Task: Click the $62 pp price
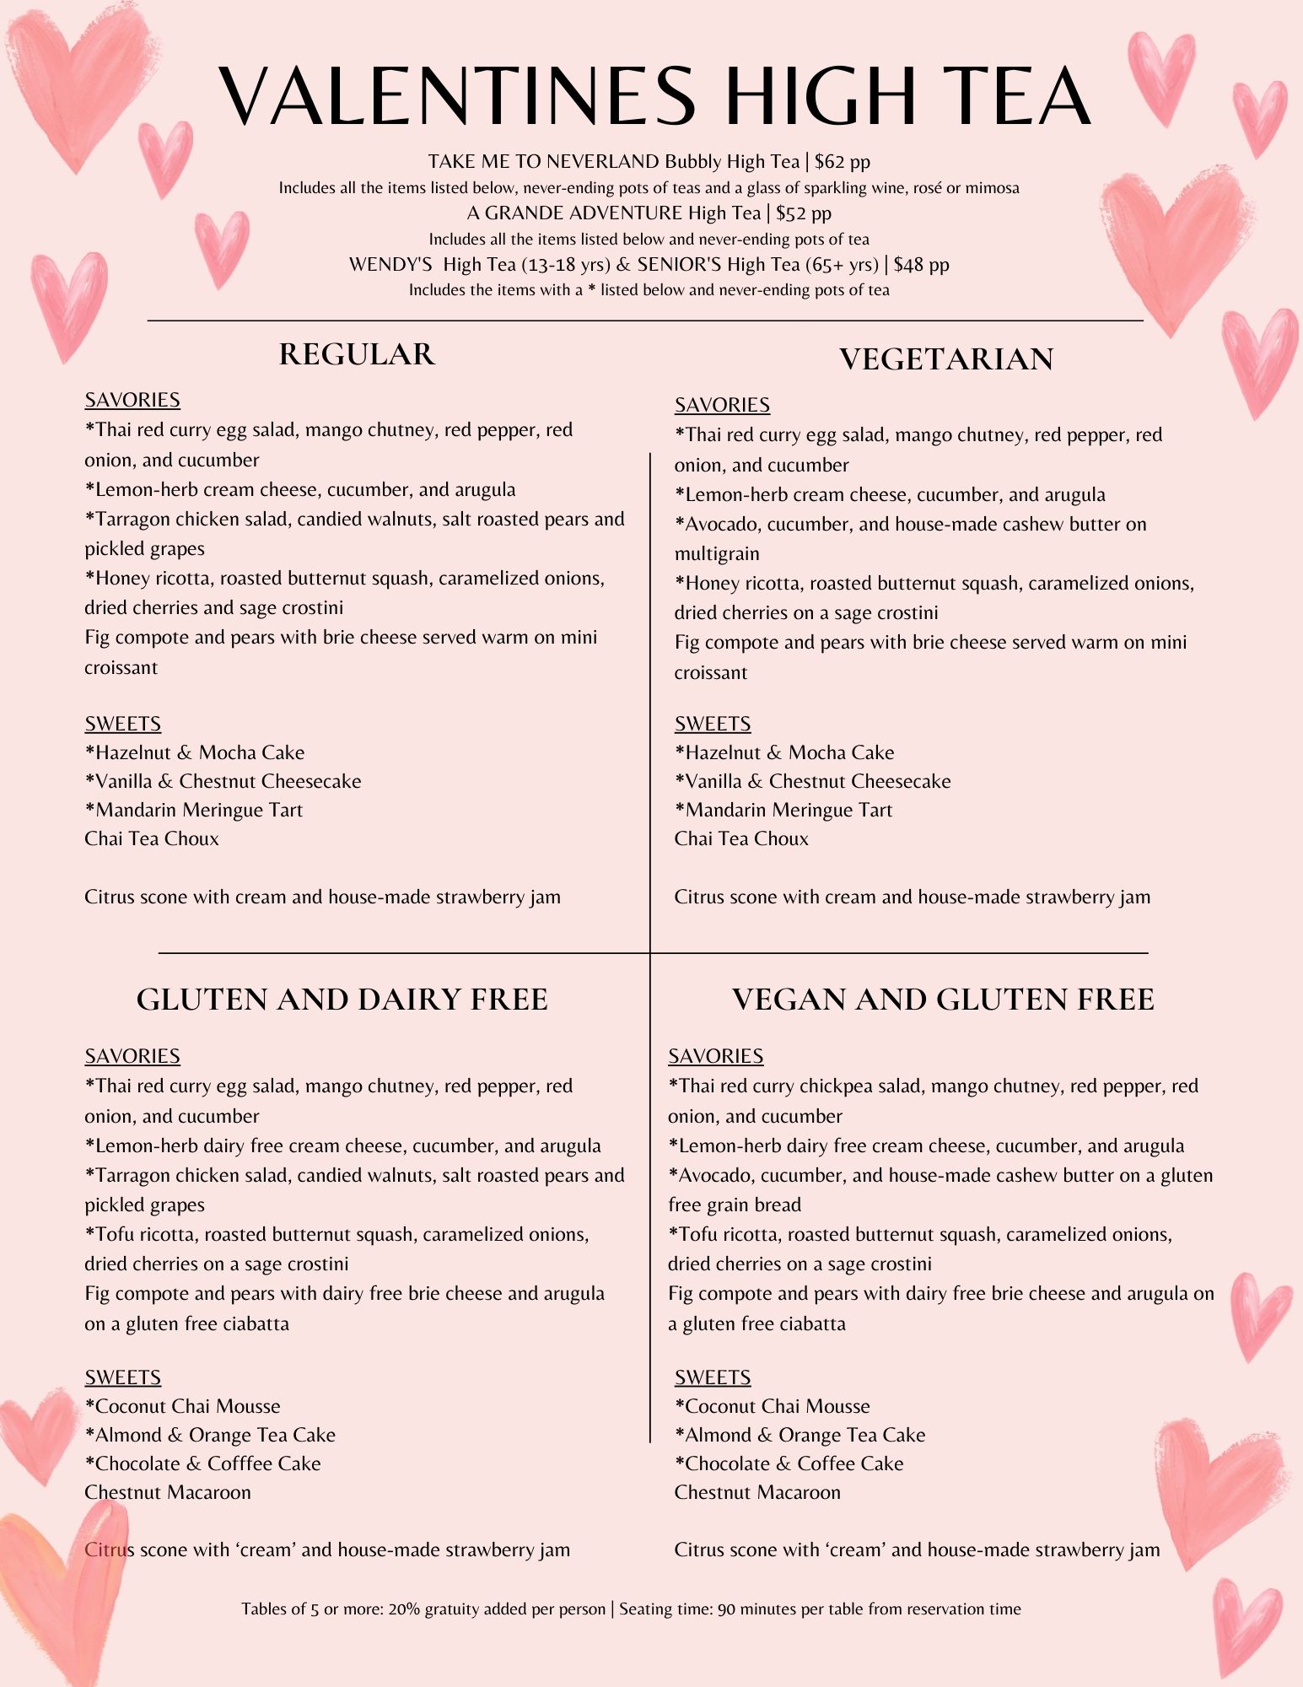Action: (843, 162)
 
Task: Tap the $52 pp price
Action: (804, 213)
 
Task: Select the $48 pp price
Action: (921, 265)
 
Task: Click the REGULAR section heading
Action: (357, 354)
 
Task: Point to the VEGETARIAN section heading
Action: (946, 359)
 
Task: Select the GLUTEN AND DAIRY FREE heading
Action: (342, 1000)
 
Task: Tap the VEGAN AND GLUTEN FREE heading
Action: (942, 1000)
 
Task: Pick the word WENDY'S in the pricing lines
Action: (390, 265)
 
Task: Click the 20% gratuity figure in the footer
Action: (404, 1609)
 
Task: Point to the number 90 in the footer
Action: (726, 1609)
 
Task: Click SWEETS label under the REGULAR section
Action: (122, 724)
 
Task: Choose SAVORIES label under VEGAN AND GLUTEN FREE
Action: (715, 1056)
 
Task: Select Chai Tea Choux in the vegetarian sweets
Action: (741, 839)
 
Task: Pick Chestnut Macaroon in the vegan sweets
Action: (757, 1492)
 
